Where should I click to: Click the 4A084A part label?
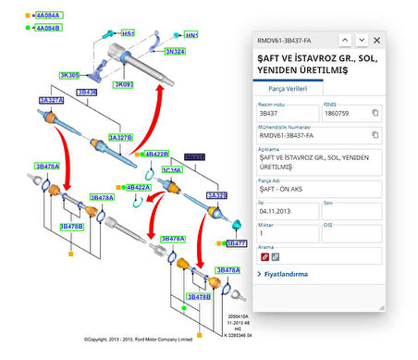pyautogui.click(x=48, y=16)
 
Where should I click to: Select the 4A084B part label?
pyautogui.click(x=48, y=28)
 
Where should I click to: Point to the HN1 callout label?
pyautogui.click(x=191, y=35)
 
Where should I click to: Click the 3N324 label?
pyautogui.click(x=174, y=53)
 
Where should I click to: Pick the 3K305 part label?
pyautogui.click(x=69, y=75)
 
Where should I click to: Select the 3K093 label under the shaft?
pyautogui.click(x=124, y=85)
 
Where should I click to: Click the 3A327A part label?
pyautogui.click(x=51, y=99)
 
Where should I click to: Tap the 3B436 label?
pyautogui.click(x=87, y=93)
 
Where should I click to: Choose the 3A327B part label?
pyautogui.click(x=120, y=137)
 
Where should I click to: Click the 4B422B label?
pyautogui.click(x=155, y=154)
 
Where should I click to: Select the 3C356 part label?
pyautogui.click(x=172, y=170)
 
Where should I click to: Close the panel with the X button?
pyautogui.click(x=376, y=41)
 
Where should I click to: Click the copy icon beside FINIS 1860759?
pyautogui.click(x=375, y=113)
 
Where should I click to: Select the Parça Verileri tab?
pyautogui.click(x=288, y=87)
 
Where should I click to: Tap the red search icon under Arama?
pyautogui.click(x=264, y=256)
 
